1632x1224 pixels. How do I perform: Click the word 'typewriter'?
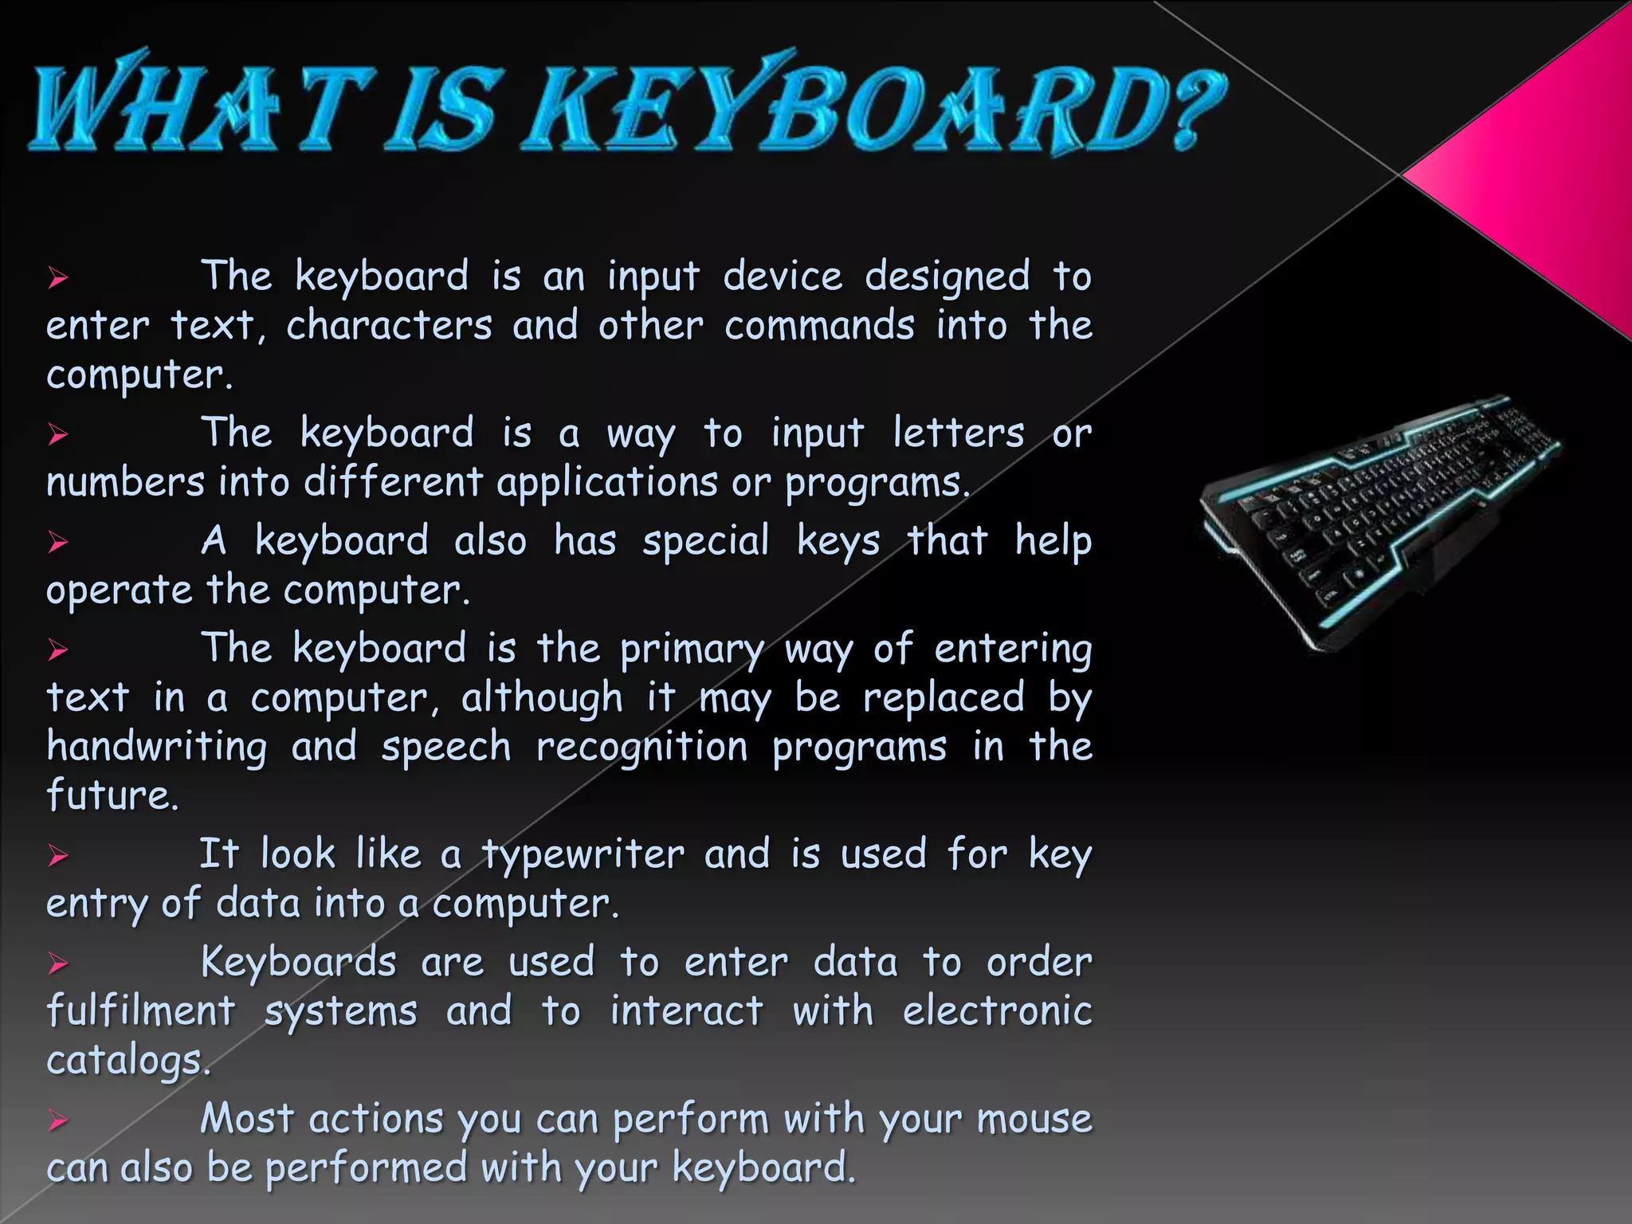tap(583, 856)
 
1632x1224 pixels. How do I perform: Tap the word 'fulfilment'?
tap(141, 1011)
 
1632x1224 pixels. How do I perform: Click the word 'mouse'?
tap(1034, 1119)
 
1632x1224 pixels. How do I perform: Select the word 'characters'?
tap(390, 326)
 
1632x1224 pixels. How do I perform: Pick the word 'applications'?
tap(607, 483)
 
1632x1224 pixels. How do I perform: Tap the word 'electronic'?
tap(997, 1011)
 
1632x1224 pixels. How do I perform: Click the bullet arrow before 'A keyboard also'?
tap(57, 543)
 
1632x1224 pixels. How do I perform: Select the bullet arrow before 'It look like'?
tap(57, 856)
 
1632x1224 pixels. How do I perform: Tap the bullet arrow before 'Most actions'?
tap(57, 1120)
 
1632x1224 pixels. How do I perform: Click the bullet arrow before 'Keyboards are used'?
tap(57, 963)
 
